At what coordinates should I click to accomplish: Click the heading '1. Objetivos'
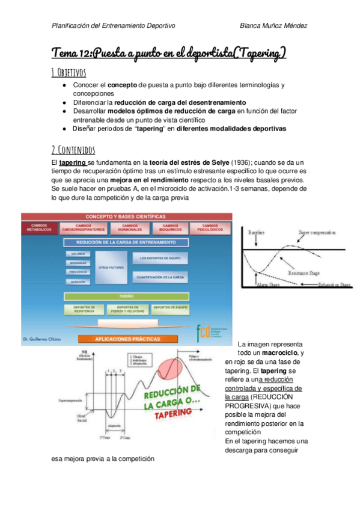69,73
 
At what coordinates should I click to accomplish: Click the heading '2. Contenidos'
73,149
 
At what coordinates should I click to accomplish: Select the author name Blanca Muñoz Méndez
273,26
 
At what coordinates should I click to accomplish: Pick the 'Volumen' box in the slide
79,254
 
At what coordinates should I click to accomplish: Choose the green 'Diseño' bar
126,296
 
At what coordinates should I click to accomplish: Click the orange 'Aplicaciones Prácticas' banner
126,339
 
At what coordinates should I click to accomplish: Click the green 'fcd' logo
205,331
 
